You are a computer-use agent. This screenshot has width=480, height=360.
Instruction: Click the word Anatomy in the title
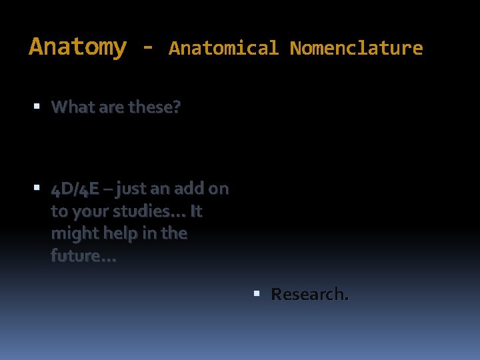77,47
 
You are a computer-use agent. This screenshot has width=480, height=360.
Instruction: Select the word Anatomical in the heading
223,49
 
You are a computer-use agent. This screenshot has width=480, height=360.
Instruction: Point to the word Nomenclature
356,49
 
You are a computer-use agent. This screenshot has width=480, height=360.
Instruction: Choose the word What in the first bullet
71,107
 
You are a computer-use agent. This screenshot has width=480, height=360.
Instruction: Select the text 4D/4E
75,189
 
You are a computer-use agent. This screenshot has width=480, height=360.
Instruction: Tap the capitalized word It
196,211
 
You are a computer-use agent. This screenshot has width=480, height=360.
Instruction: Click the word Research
309,294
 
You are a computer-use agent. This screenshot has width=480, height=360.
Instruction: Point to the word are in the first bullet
107,107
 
